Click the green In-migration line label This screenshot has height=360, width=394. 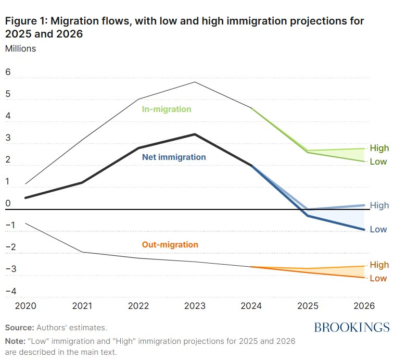click(167, 109)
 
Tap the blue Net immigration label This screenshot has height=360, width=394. click(174, 157)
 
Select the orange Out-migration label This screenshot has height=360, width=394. click(170, 244)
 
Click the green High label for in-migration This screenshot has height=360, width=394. click(379, 148)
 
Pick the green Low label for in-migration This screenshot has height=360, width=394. click(378, 162)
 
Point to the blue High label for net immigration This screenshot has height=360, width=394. click(379, 205)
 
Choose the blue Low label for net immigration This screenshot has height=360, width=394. click(378, 229)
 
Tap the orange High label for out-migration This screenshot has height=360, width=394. click(379, 265)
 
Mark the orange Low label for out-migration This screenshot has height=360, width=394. click(378, 278)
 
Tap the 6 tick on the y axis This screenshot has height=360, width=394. click(8, 72)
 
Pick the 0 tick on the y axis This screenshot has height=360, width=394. click(8, 204)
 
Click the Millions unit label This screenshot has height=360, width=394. click(20, 48)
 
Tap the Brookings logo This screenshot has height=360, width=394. click(351, 327)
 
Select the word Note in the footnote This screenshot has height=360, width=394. click(15, 341)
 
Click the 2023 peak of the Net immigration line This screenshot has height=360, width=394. click(194, 134)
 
